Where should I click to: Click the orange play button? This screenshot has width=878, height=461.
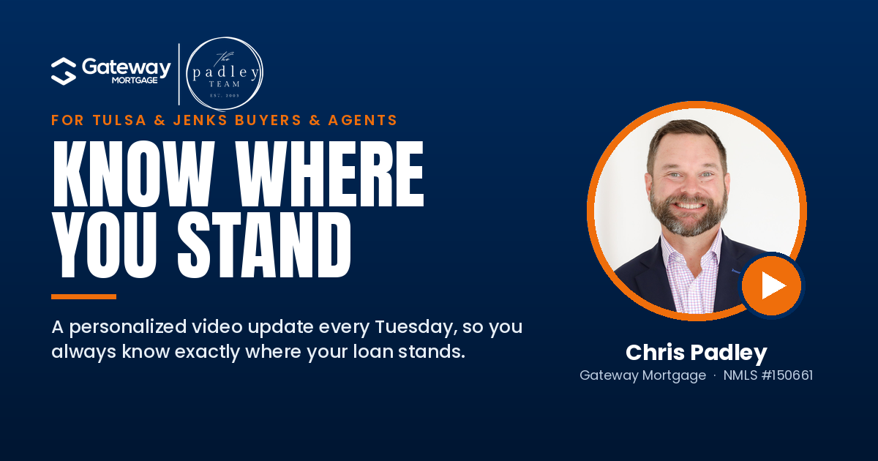[x=771, y=286]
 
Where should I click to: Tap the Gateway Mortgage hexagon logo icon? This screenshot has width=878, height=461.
[x=64, y=71]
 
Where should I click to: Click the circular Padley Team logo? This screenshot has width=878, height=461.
[x=225, y=74]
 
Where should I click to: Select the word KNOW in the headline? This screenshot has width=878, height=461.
[x=134, y=173]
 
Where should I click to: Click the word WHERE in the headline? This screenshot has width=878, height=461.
[x=330, y=173]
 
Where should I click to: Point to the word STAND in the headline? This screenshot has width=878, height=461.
[x=264, y=245]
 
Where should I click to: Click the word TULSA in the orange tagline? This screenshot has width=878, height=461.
[x=119, y=120]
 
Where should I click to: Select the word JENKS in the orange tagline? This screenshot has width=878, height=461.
[x=200, y=120]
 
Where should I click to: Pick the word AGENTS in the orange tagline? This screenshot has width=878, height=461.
[x=363, y=120]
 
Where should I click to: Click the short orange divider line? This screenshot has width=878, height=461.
[x=83, y=297]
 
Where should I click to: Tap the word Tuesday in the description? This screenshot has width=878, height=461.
[x=416, y=328]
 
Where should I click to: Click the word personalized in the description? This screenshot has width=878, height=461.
[x=128, y=328]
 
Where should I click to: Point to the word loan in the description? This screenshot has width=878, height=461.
[x=372, y=351]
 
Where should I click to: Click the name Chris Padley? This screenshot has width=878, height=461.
[x=696, y=353]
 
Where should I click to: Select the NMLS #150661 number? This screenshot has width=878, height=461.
[x=768, y=375]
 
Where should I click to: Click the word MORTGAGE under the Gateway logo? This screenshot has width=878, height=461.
[x=135, y=80]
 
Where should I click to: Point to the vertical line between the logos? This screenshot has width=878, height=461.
[x=179, y=74]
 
